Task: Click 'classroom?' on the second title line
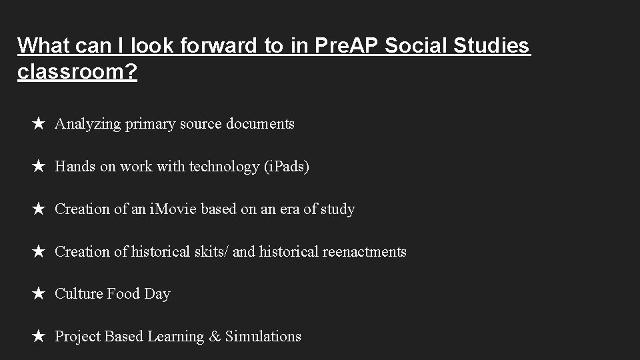coord(77,73)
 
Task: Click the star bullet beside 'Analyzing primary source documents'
coord(39,124)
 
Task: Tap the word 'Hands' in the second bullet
coord(75,167)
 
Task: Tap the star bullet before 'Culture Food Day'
coord(39,294)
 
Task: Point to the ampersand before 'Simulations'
coord(215,337)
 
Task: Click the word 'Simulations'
coord(263,337)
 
